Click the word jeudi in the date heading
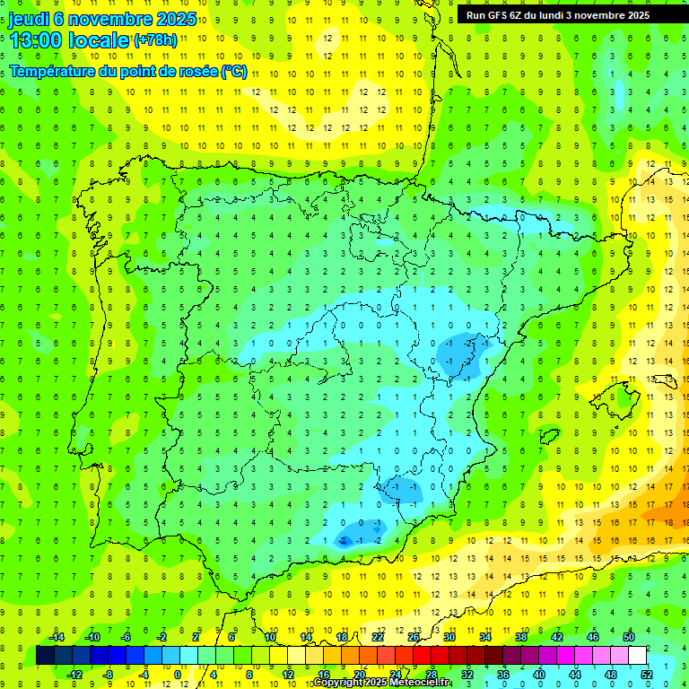click(x=30, y=19)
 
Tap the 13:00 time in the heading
click(x=37, y=39)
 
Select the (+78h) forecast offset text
click(x=155, y=40)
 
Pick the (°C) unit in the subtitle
click(x=233, y=72)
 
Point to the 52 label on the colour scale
click(x=647, y=675)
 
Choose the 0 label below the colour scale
click(x=178, y=675)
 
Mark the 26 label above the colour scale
click(x=414, y=637)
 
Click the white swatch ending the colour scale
click(x=638, y=656)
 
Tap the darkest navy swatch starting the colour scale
click(x=46, y=656)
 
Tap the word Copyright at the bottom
click(x=338, y=683)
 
